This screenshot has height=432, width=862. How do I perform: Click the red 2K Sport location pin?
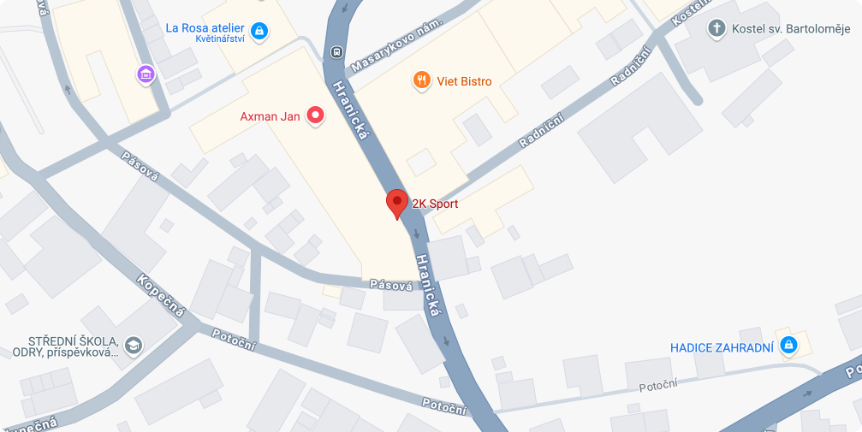(396, 204)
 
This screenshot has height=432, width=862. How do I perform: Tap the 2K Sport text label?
(435, 204)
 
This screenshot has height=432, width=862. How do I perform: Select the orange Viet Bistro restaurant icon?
(421, 81)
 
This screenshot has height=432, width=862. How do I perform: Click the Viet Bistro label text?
(464, 82)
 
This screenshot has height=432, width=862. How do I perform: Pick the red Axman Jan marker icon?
(315, 115)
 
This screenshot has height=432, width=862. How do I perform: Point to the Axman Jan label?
(270, 116)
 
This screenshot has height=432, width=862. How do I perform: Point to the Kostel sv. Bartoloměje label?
(791, 30)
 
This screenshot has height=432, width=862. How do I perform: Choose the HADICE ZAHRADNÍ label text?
(722, 347)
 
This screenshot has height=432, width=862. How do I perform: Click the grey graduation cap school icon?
(134, 346)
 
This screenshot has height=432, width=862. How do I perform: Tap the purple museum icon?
(146, 75)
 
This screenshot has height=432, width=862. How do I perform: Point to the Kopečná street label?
(161, 296)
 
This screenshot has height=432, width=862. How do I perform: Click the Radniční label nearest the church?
(632, 67)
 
